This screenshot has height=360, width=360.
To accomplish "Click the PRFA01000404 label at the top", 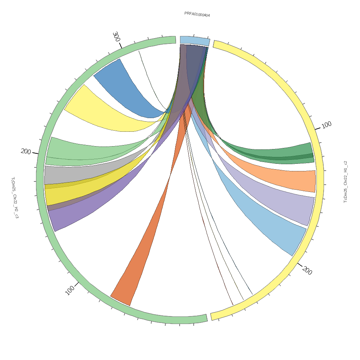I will click(x=197, y=14).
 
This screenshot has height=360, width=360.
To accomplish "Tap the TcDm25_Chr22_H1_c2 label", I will click(x=346, y=182).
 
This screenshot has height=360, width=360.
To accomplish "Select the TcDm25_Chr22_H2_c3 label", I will click(x=15, y=198).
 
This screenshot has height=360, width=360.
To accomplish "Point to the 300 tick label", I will click(x=116, y=36).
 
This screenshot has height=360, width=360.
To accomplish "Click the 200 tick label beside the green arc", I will click(x=26, y=152).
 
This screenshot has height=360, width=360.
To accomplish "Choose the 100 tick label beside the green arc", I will click(x=70, y=290).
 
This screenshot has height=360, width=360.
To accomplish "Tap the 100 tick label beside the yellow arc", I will click(x=327, y=125).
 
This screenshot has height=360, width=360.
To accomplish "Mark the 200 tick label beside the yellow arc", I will click(x=307, y=271).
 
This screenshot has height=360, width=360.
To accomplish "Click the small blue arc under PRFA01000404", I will click(x=194, y=40).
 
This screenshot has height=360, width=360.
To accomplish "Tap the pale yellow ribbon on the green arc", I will click(x=94, y=108).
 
